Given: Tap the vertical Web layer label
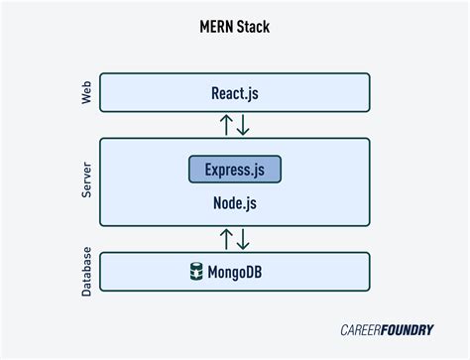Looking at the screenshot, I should [x=86, y=92].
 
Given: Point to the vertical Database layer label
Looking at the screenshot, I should [x=86, y=271].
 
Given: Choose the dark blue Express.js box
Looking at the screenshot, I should [x=235, y=169].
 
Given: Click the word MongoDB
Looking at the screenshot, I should [x=244, y=271].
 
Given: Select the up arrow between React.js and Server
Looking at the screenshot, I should [x=226, y=125].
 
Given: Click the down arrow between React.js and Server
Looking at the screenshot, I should [x=244, y=125].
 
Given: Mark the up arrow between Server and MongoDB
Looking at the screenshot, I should [x=226, y=238].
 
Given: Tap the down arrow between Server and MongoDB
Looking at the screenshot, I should [x=244, y=238].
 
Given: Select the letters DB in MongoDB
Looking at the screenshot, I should [x=267, y=271].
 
